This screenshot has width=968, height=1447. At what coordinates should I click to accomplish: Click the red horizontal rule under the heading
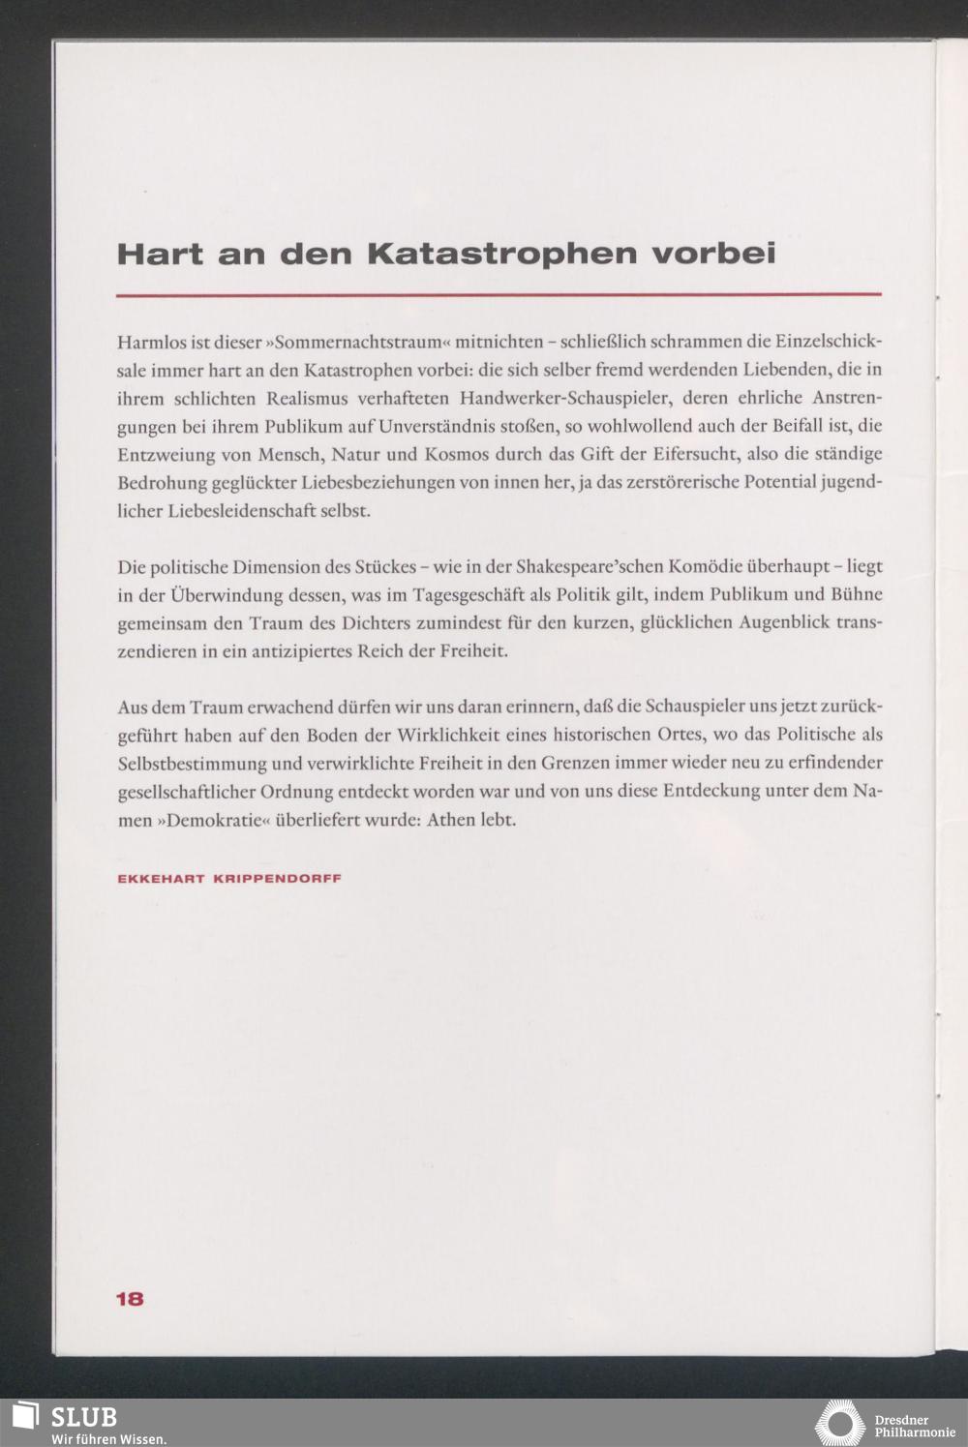(x=499, y=293)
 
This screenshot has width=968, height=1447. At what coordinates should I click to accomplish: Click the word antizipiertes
(x=301, y=650)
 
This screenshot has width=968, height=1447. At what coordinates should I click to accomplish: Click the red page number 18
(x=130, y=1299)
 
